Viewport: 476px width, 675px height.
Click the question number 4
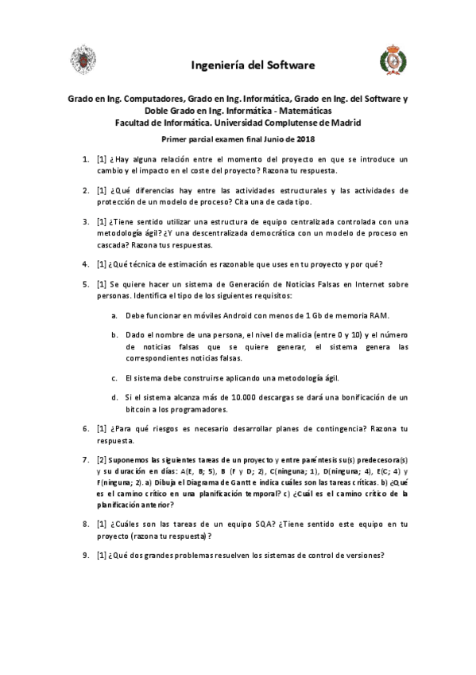pyautogui.click(x=86, y=264)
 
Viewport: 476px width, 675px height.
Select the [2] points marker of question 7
pyautogui.click(x=101, y=460)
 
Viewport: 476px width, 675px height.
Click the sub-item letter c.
pyautogui.click(x=116, y=377)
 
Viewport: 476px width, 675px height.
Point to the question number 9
pyautogui.click(x=86, y=556)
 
